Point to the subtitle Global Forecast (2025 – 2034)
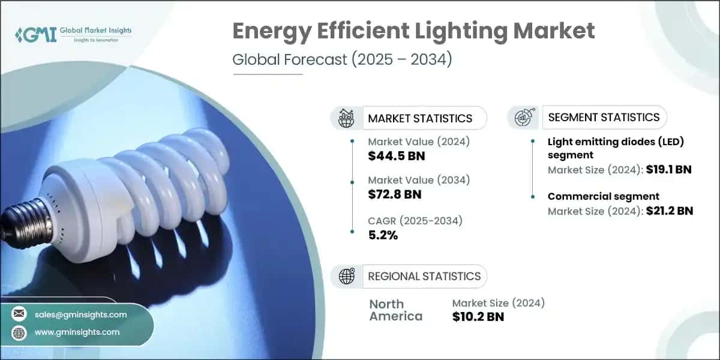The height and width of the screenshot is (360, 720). click(x=342, y=61)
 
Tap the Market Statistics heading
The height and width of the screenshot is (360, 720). click(x=420, y=118)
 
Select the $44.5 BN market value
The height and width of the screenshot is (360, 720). click(x=395, y=156)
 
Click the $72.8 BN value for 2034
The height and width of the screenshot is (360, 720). click(x=394, y=194)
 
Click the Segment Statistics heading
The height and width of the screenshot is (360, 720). click(x=604, y=117)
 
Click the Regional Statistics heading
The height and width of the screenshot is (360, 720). click(x=424, y=276)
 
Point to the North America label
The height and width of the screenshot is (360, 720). click(x=395, y=310)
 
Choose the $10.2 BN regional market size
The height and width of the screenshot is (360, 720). click(x=478, y=317)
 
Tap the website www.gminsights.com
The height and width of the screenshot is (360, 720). click(x=77, y=332)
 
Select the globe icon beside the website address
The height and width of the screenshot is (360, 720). click(x=20, y=332)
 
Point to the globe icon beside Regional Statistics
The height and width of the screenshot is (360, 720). click(x=346, y=276)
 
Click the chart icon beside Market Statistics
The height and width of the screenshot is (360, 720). click(x=346, y=118)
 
